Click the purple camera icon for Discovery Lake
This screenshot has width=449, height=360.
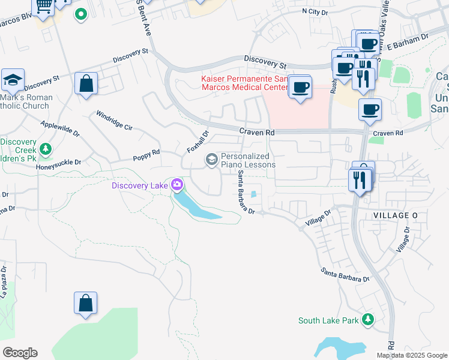[176, 184]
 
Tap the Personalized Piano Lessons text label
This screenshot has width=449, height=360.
[248, 160]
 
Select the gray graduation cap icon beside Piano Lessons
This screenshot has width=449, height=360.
[211, 160]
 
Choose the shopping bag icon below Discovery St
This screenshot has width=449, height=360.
[86, 83]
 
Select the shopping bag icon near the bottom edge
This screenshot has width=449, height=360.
[86, 303]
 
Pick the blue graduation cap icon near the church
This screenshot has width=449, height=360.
[12, 79]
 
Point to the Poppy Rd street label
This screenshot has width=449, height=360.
[146, 153]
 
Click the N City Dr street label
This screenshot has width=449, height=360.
[315, 11]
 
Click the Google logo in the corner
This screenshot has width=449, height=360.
[20, 352]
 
